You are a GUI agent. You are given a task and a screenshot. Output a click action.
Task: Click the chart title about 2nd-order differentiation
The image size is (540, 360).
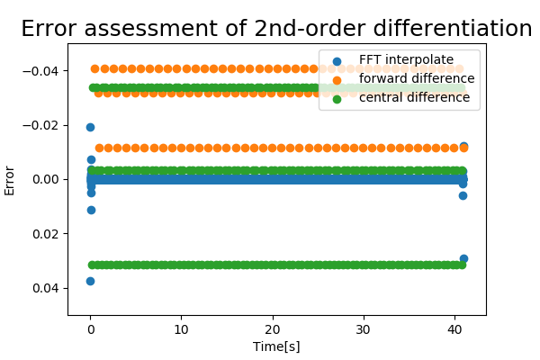point(276,29)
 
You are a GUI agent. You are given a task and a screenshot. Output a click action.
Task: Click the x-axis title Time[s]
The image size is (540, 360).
point(276,346)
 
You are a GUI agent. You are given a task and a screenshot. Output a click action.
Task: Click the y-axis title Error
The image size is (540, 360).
point(10,179)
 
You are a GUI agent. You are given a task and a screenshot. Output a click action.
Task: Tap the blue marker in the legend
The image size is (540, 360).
point(337,61)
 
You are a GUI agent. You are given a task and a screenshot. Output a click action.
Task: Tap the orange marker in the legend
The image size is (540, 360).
point(337,79)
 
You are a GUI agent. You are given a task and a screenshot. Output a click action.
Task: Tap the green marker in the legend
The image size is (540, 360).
point(337,97)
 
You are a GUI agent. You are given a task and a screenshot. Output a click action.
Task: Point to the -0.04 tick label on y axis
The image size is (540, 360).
point(42,71)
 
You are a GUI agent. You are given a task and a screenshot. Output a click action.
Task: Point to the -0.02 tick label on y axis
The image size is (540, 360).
point(42,125)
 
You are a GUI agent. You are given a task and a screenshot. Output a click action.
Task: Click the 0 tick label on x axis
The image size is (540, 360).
point(90,328)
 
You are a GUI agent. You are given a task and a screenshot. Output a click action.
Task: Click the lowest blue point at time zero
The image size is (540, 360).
point(90,281)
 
